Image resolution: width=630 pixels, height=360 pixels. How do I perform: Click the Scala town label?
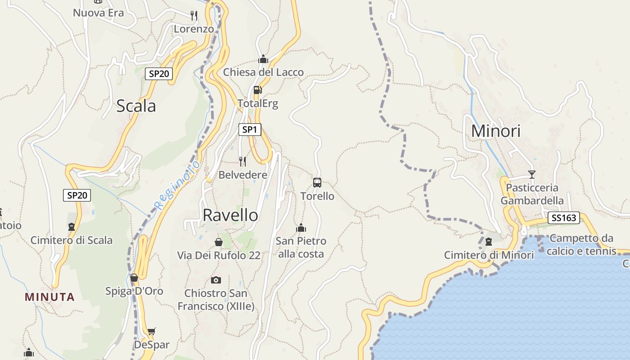click(x=136, y=106)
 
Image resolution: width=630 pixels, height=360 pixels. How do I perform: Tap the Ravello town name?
click(x=230, y=215)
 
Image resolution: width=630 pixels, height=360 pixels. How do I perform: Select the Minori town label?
click(x=495, y=131)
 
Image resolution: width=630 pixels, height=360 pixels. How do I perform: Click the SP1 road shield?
click(x=249, y=130)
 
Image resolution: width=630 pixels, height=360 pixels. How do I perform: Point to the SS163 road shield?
click(x=563, y=218)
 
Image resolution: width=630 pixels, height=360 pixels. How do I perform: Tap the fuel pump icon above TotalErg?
click(x=257, y=90)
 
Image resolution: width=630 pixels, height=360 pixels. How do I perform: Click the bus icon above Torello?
click(x=317, y=182)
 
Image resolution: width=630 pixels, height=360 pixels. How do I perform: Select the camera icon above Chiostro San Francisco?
click(x=216, y=280)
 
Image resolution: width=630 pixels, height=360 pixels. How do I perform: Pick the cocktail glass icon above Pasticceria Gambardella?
click(x=532, y=174)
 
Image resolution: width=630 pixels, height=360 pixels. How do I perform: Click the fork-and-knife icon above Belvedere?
click(x=243, y=161)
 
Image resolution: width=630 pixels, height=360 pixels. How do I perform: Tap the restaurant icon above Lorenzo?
click(x=194, y=15)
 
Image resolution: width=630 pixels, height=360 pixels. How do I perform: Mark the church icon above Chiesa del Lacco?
click(x=263, y=59)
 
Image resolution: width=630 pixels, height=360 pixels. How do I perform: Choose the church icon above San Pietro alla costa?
click(x=301, y=228)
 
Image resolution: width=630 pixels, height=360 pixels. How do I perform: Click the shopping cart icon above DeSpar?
click(x=152, y=332)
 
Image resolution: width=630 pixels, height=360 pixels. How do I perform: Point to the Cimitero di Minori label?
click(x=489, y=255)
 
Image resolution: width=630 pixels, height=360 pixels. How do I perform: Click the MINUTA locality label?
click(x=49, y=297)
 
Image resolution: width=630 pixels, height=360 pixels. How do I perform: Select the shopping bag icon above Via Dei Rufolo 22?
click(x=219, y=242)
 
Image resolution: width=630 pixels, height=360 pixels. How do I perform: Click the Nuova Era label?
click(x=98, y=13)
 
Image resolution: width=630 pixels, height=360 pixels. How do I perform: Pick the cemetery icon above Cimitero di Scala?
click(x=71, y=227)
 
